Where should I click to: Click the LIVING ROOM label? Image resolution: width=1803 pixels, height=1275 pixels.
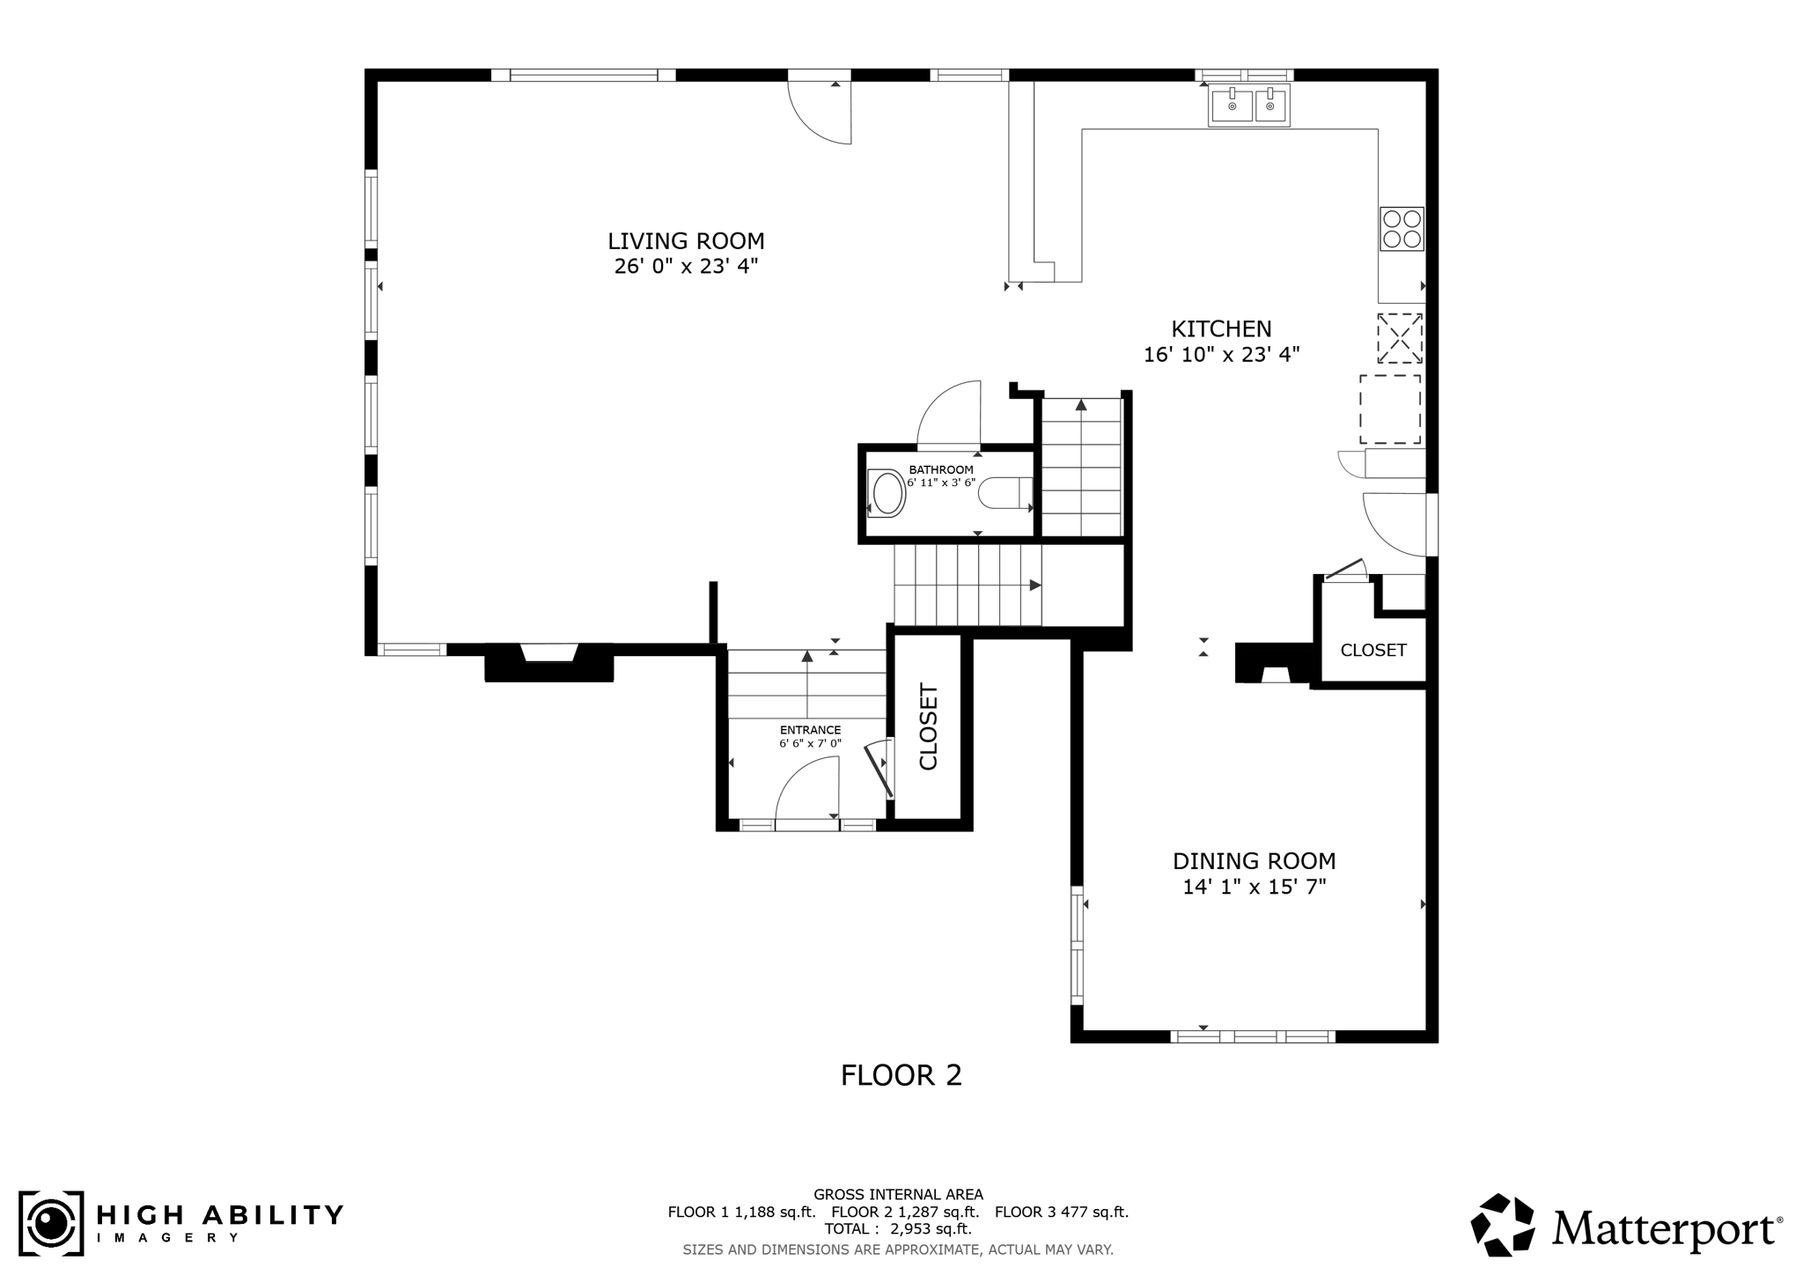coord(686,240)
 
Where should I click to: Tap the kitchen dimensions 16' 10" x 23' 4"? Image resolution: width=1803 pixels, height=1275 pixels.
coord(1221,355)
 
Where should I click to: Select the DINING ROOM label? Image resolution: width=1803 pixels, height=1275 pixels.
coord(1254,860)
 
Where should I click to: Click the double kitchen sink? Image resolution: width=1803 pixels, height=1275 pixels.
coord(1248,106)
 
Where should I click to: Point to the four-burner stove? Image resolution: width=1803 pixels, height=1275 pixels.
coord(1401,229)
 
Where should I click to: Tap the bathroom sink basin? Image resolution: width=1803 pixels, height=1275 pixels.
coord(888,493)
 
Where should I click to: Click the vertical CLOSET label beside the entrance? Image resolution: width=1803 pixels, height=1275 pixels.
coord(930,726)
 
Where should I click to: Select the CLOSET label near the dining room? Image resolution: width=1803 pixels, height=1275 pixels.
coord(1372,650)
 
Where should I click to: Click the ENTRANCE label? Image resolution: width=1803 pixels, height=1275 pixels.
coord(810,730)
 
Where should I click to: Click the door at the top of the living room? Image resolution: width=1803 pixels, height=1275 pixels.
coord(821,110)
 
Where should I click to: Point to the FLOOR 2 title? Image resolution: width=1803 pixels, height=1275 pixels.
coord(901,1075)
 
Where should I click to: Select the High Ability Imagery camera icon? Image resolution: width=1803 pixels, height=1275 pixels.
coord(51,1223)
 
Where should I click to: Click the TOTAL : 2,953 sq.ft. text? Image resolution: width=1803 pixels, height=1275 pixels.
coord(897,1228)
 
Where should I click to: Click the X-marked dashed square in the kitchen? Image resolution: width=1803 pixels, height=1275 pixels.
coord(1400,338)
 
